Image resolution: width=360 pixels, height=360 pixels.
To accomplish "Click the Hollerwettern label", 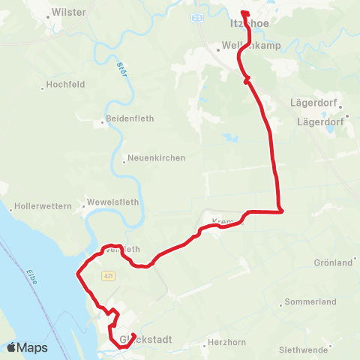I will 42,205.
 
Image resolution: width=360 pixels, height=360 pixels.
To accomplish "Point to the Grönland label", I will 333,263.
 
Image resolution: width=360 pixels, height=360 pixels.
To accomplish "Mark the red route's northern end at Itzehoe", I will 244,12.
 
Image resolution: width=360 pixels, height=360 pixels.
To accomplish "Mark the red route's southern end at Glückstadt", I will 133,335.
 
